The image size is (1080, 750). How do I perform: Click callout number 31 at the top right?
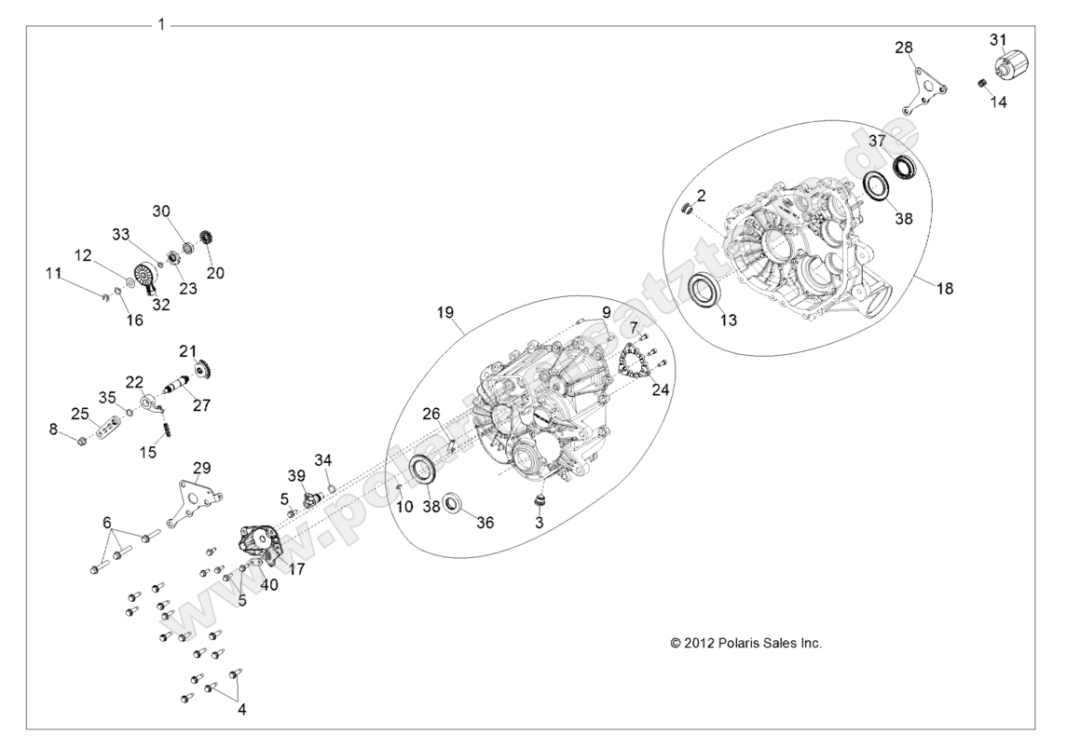click(x=998, y=39)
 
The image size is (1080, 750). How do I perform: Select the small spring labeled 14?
click(x=982, y=86)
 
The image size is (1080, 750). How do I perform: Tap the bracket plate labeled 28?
click(x=924, y=90)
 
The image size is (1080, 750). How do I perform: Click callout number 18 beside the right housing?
click(x=944, y=290)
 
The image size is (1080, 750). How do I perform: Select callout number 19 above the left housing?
click(x=444, y=314)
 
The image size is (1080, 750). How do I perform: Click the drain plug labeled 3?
click(x=538, y=503)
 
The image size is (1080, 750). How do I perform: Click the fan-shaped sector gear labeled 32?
click(x=144, y=277)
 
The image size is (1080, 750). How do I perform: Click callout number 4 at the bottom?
click(x=242, y=710)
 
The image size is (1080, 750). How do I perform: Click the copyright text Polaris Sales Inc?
click(x=745, y=643)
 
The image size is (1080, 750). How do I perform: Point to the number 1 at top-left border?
click(x=161, y=24)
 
